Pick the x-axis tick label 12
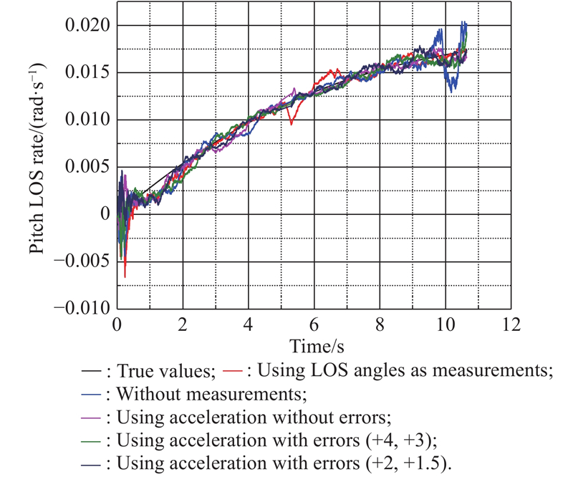tap(511, 324)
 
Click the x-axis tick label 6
tap(314, 324)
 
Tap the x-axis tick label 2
tap(182, 324)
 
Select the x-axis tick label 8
tap(380, 324)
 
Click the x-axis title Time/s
tap(312, 346)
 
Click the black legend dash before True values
tap(89, 371)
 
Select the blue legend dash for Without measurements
tap(89, 393)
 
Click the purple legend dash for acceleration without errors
tap(89, 415)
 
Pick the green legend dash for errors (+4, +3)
tap(89, 437)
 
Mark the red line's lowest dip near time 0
tap(125, 276)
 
